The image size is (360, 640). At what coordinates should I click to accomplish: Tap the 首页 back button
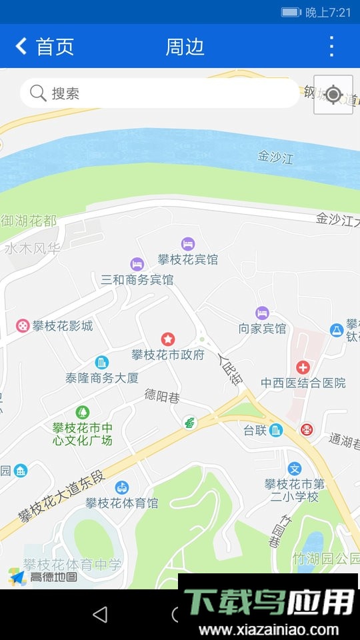click(44, 47)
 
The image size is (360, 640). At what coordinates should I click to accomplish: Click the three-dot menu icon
click(331, 47)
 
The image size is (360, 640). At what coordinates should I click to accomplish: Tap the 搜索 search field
click(160, 93)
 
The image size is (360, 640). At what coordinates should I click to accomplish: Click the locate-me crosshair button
click(333, 95)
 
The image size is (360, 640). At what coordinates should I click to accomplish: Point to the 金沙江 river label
click(275, 157)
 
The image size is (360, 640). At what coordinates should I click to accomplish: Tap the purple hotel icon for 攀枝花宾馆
click(188, 244)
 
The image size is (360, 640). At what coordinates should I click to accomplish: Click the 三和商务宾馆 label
click(137, 279)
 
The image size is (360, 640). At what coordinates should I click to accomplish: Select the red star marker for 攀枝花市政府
click(167, 339)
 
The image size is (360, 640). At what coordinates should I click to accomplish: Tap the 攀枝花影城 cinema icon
click(23, 326)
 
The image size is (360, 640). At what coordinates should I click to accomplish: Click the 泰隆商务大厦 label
click(102, 377)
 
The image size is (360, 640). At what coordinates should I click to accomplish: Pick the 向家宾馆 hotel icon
click(262, 313)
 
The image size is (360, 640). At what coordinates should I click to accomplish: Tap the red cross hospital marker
click(303, 367)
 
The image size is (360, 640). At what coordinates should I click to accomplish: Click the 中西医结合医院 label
click(303, 383)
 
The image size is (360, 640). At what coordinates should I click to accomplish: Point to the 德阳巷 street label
click(162, 396)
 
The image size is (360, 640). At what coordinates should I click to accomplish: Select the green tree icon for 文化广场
click(82, 413)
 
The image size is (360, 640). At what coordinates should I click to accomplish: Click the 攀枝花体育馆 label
click(122, 503)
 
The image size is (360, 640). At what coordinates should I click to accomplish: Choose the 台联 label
click(255, 431)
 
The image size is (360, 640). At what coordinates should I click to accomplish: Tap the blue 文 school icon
click(295, 469)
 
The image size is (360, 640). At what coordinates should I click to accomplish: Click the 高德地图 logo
click(43, 577)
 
